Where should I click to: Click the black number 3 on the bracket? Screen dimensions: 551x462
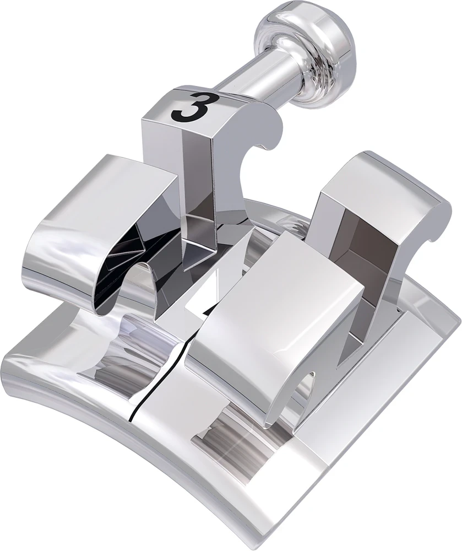coord(190,106)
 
